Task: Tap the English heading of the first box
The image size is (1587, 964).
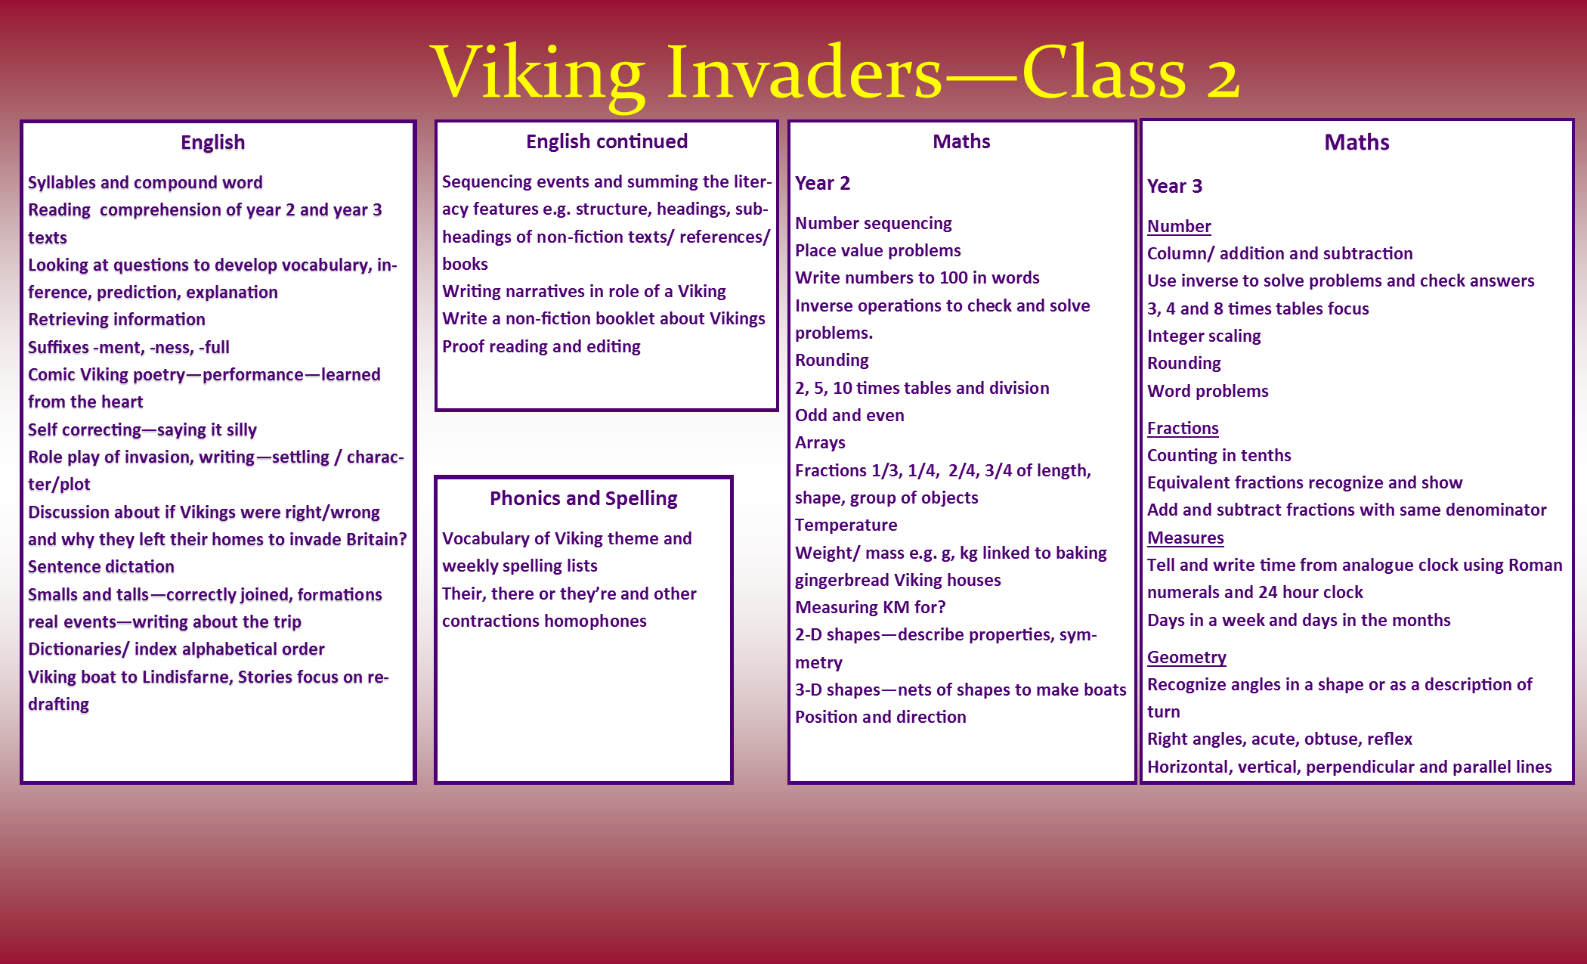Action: point(213,143)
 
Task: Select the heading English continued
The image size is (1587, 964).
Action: point(607,141)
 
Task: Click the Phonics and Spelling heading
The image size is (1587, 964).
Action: point(583,499)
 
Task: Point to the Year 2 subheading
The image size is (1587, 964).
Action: point(822,183)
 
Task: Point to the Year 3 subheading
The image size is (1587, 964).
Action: point(1174,186)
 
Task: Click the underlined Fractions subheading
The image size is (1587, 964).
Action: point(1183,428)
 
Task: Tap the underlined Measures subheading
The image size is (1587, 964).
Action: point(1185,538)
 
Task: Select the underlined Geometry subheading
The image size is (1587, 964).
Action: point(1186,658)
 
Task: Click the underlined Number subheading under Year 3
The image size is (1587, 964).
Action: point(1179,226)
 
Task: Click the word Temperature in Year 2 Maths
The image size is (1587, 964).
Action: point(846,525)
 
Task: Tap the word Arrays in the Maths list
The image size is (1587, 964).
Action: point(820,443)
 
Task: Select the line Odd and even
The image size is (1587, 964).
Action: point(849,415)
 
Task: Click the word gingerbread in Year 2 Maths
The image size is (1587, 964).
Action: point(841,581)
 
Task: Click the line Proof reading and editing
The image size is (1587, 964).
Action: point(541,347)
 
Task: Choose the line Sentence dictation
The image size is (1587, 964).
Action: point(101,567)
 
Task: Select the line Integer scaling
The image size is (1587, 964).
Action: point(1204,336)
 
